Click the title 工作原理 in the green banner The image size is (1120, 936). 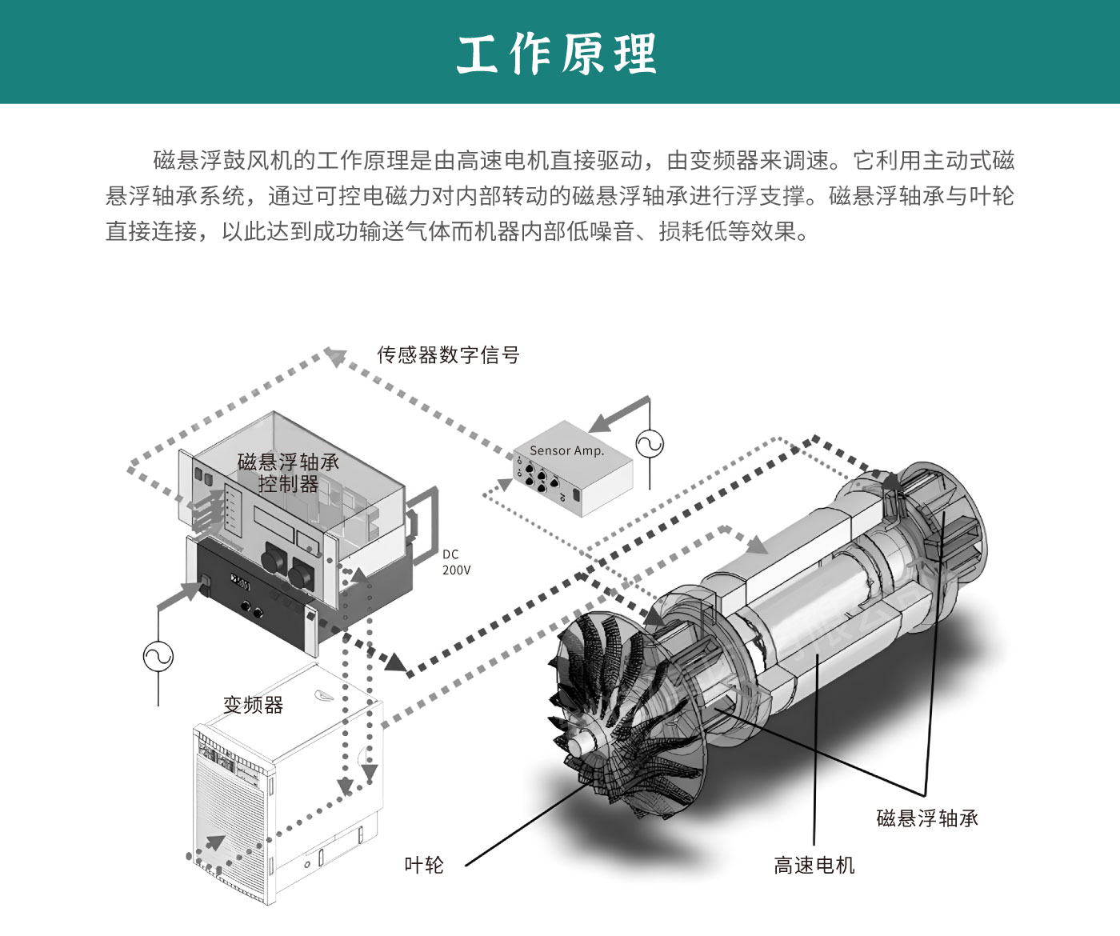(x=557, y=53)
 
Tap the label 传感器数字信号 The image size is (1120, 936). (x=449, y=354)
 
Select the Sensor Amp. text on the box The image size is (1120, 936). (x=567, y=450)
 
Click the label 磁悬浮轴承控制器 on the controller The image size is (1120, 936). (x=288, y=473)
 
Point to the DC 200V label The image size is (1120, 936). (x=456, y=562)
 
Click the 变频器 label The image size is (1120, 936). (x=253, y=704)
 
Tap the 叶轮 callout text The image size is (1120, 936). (x=424, y=865)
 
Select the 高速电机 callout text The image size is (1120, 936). (x=814, y=865)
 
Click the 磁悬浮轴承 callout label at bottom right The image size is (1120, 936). (x=927, y=818)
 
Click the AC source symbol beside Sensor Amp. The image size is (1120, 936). (x=650, y=444)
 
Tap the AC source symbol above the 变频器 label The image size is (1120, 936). (x=158, y=656)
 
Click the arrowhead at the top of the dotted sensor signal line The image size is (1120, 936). (x=334, y=356)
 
